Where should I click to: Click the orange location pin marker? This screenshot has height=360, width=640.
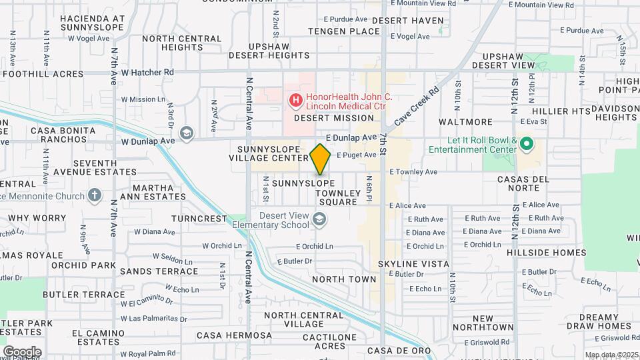point(320,159)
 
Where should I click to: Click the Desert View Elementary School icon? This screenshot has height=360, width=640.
point(319,219)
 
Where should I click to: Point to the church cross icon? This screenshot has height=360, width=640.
point(95,196)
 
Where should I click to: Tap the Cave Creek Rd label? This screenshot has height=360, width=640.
point(417,107)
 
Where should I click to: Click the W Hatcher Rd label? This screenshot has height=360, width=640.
point(147,71)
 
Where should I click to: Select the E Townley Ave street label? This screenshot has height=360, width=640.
point(413,171)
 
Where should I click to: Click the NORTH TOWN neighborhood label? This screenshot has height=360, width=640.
point(344,279)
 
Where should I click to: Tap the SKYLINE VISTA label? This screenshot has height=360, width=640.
point(413,264)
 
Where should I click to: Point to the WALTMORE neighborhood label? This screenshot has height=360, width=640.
point(465,123)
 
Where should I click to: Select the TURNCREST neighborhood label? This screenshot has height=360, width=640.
point(199,219)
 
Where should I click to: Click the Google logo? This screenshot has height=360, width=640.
point(21,351)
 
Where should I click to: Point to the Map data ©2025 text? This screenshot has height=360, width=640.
point(611,355)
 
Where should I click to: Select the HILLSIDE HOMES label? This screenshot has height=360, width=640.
point(546,253)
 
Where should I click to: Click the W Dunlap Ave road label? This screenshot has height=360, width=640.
point(147,141)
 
